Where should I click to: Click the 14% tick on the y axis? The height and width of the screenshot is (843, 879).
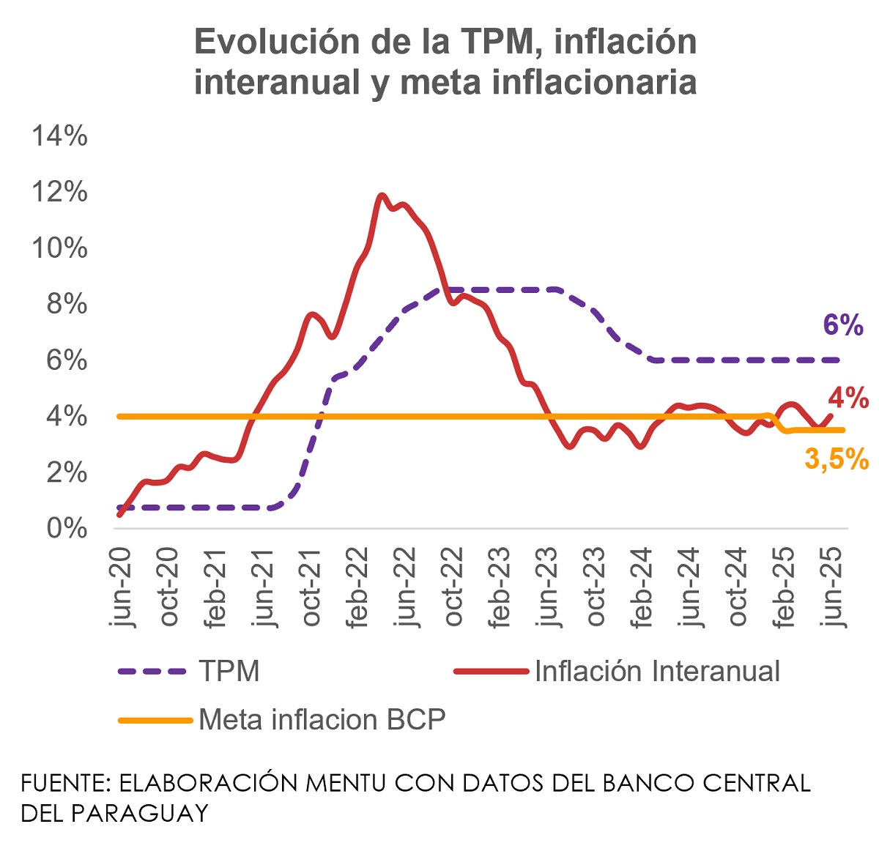59,136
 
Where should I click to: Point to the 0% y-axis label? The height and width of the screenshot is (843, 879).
67,528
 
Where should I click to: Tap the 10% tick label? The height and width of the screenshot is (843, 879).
59,248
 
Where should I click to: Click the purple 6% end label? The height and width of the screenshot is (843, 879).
843,325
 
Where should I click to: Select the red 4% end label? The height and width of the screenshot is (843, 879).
848,398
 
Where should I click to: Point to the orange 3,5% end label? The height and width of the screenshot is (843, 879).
837,459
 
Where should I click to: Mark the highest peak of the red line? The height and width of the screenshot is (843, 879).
382,196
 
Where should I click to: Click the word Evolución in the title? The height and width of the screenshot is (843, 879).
275,42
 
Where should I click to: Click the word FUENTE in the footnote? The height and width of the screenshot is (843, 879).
65,783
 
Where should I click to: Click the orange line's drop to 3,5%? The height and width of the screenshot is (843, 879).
779,424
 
